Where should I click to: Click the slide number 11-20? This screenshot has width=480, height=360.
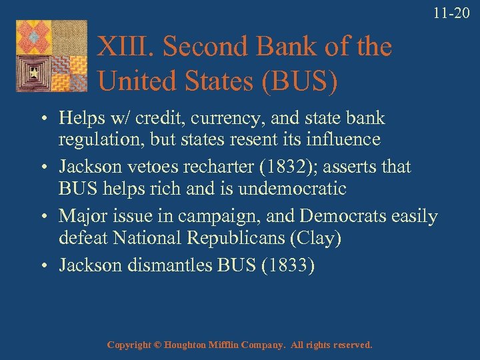pos(451,12)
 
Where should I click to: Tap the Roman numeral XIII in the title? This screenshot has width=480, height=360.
pos(126,47)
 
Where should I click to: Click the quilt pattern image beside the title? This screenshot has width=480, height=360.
pos(52,55)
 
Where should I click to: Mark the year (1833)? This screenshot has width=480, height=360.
pos(288,265)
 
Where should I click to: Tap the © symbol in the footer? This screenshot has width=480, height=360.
pos(157,345)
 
